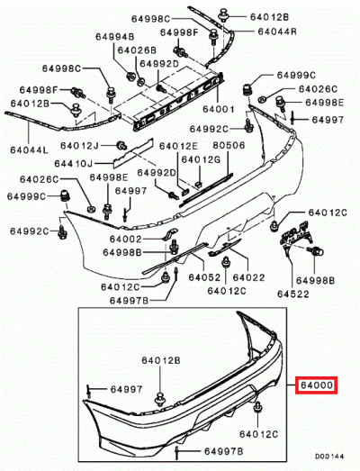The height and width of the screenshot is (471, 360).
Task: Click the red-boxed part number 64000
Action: [x=317, y=385]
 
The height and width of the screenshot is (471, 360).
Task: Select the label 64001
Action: [x=219, y=109]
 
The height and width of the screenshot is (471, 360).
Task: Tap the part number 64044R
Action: [x=277, y=32]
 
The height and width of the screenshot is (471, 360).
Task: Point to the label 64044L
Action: [x=29, y=149]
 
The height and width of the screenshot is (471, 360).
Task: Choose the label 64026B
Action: [x=137, y=50]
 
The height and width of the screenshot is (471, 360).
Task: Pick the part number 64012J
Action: [x=79, y=146]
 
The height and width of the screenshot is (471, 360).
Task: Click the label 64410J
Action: [x=74, y=164]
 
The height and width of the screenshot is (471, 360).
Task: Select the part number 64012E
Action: [x=178, y=146]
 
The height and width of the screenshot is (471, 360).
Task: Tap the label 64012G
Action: [x=201, y=159]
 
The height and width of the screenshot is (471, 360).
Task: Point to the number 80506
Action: [x=229, y=145]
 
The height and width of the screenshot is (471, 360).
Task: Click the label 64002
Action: [x=125, y=240]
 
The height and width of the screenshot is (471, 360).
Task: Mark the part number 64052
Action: [x=204, y=277]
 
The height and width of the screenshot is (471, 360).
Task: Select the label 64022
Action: [x=249, y=277]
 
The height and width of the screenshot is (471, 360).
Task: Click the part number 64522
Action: [x=293, y=294]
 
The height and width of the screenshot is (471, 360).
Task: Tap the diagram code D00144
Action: [x=329, y=457]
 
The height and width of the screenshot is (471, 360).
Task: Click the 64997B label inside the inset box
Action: [x=224, y=451]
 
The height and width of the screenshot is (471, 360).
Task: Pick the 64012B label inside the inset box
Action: [x=161, y=360]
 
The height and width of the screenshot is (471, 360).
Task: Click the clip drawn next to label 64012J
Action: [x=121, y=145]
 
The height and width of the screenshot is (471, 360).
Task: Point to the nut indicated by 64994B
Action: [x=130, y=77]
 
